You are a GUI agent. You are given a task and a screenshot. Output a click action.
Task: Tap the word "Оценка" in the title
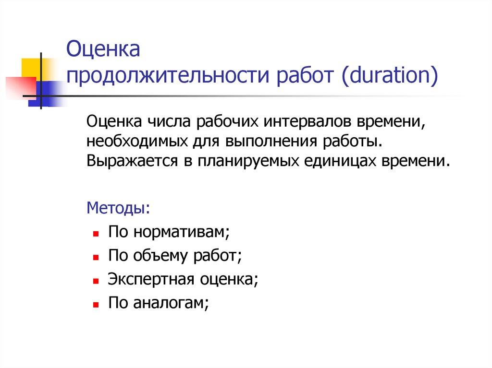[x=102, y=50]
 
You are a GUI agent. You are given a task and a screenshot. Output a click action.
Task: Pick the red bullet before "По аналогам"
[x=96, y=304]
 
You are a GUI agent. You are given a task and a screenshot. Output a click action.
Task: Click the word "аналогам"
[x=172, y=302]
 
